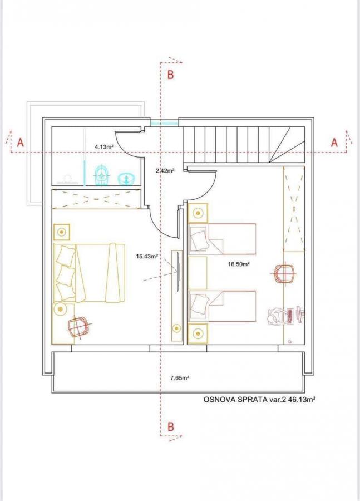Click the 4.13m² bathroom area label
click(x=104, y=148)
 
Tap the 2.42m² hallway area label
click(x=165, y=171)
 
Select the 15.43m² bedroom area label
click(x=147, y=256)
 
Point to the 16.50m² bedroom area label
click(x=239, y=264)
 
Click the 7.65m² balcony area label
click(x=180, y=377)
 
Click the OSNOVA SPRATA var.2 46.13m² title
click(x=259, y=399)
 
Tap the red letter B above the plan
click(x=171, y=75)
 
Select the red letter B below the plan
click(x=171, y=426)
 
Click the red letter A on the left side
click(x=21, y=143)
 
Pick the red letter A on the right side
click(x=334, y=143)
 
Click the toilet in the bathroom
click(x=102, y=175)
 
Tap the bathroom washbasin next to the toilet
click(x=127, y=179)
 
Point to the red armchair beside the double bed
click(x=78, y=327)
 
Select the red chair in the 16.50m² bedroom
click(x=284, y=273)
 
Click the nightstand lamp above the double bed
click(x=61, y=232)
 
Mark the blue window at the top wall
click(x=165, y=122)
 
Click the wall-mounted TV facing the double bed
click(x=178, y=272)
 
